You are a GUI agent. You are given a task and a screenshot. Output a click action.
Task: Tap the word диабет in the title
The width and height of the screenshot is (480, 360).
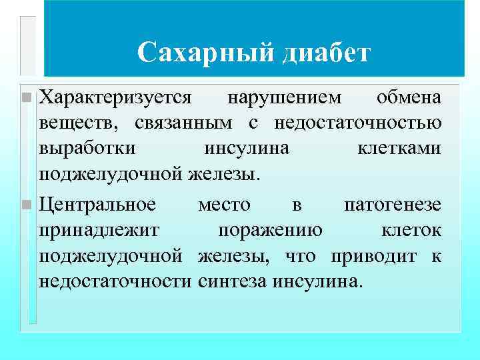pos(325,53)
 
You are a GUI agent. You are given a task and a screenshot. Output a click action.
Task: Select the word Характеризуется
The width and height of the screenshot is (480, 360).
pos(116,98)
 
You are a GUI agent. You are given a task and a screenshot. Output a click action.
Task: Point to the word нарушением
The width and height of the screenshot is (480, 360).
pos(285,98)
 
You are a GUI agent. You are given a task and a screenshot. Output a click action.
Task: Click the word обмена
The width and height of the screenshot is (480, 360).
pos(408,98)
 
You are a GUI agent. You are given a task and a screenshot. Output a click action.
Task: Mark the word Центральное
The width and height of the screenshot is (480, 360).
pos(97,205)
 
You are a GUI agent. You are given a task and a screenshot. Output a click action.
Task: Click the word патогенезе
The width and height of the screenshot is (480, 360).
pos(392,205)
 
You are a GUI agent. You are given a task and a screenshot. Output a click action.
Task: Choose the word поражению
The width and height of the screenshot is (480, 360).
pos(271,231)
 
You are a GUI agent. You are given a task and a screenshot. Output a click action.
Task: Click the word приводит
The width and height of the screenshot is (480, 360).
pos(381,256)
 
